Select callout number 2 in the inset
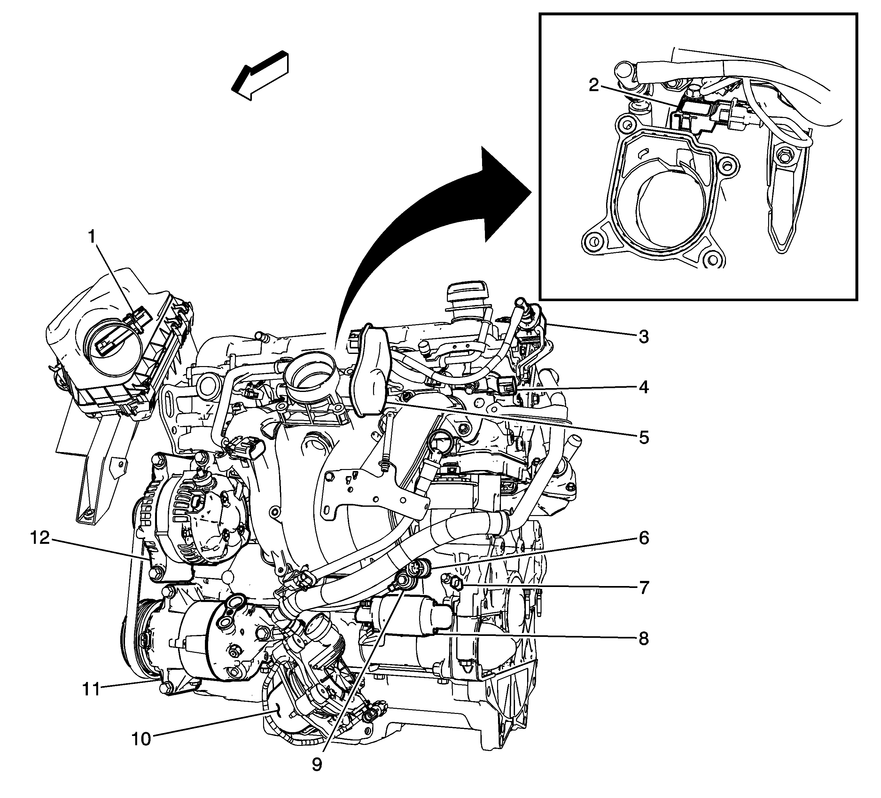[x=593, y=86]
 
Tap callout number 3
[x=643, y=337]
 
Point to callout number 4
[x=643, y=387]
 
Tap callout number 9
[x=317, y=776]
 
